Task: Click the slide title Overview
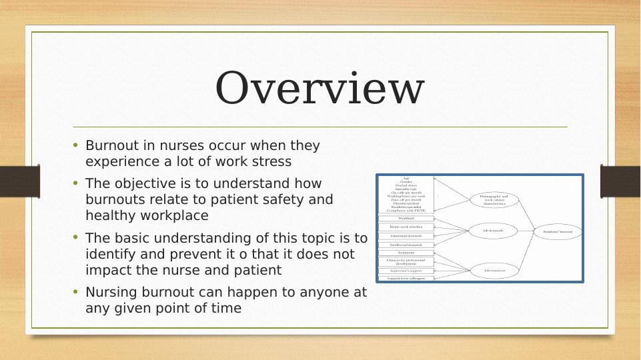(319, 89)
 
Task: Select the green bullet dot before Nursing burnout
(75, 291)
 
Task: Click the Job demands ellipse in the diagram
(493, 231)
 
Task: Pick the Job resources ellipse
(494, 270)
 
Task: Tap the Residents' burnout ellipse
(558, 231)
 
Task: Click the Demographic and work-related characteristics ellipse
(494, 199)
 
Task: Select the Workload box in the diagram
(406, 218)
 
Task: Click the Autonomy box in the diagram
(406, 253)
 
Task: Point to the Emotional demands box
(406, 236)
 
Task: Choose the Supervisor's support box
(406, 271)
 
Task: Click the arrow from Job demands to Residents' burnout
(526, 231)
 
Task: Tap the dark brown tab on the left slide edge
(19, 181)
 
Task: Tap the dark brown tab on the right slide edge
(621, 181)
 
